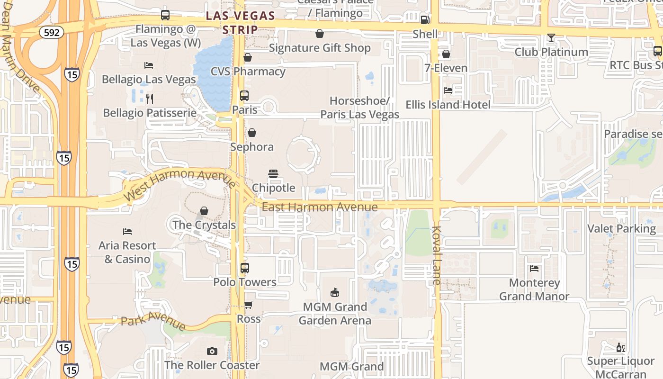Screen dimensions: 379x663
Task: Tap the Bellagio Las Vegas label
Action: tap(149, 79)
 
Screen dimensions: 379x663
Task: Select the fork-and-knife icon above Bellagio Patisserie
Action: tap(150, 99)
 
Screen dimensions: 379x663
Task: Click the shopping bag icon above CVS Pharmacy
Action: tap(248, 57)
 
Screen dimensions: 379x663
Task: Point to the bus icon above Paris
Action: tap(244, 96)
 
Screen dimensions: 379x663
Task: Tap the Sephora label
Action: tap(252, 147)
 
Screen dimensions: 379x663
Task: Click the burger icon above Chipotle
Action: tap(273, 174)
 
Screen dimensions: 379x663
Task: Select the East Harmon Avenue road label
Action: tap(320, 207)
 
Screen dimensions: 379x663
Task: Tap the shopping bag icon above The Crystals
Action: tap(204, 210)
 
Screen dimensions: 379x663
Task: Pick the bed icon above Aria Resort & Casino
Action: tap(127, 232)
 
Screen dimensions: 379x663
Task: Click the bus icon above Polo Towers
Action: tap(245, 268)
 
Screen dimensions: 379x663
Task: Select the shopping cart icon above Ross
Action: tap(249, 305)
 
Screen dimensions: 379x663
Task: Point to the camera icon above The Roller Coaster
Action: tap(212, 351)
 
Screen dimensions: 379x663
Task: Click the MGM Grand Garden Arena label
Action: tap(335, 314)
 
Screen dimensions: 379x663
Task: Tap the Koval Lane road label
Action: tap(436, 256)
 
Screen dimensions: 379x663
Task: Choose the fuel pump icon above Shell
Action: tap(425, 20)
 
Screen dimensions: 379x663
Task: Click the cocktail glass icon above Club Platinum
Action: tap(551, 38)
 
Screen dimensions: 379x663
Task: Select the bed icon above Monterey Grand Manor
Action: tap(534, 269)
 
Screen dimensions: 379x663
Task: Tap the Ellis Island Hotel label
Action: tap(448, 105)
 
